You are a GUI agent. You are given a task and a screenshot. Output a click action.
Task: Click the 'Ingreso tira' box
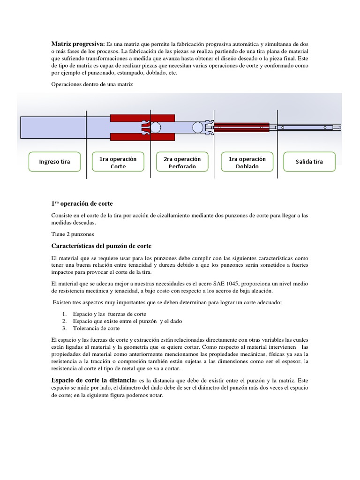click(x=54, y=162)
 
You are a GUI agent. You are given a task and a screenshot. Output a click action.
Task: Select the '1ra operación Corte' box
click(x=118, y=162)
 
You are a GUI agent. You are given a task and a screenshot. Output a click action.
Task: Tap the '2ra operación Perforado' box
click(x=182, y=162)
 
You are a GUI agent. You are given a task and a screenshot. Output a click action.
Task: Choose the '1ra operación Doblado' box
click(x=247, y=162)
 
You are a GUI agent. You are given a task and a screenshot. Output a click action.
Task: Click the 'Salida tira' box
click(x=309, y=162)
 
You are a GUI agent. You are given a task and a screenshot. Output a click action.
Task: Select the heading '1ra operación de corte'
click(x=82, y=203)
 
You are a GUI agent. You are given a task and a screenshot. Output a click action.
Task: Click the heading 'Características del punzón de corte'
click(x=101, y=246)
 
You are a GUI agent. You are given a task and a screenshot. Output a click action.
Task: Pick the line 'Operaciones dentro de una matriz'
click(x=92, y=84)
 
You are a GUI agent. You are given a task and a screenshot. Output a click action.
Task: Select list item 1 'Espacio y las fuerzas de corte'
click(x=110, y=314)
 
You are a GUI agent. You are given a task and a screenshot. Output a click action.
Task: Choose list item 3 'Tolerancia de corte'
click(x=97, y=328)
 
